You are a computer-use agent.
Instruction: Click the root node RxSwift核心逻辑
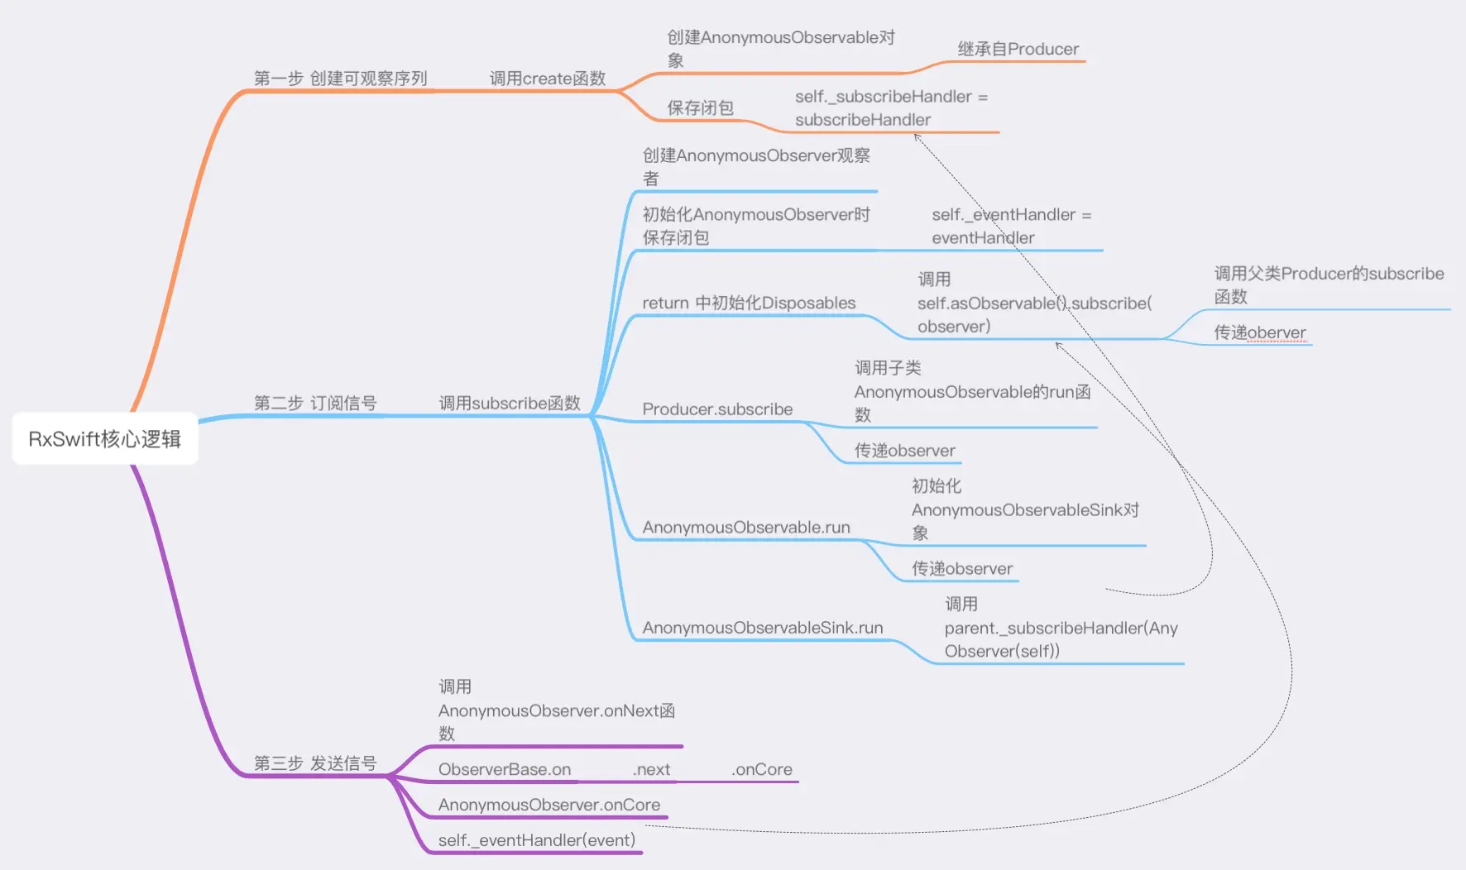pos(105,438)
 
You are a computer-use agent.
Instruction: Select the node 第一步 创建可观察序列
pos(340,79)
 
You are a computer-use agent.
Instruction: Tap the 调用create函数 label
pos(547,79)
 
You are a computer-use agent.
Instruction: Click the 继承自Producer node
pos(1018,50)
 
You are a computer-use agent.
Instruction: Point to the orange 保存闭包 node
pos(700,108)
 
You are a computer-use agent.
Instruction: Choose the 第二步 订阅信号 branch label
pos(314,404)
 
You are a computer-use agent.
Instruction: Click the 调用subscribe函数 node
pos(509,404)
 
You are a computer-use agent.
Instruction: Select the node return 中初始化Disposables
pos(749,304)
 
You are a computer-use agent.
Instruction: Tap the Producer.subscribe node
pos(717,409)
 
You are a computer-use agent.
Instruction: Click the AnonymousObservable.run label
pos(745,528)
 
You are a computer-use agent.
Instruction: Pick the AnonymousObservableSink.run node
pos(762,628)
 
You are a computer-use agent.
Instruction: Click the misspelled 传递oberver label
pos(1259,332)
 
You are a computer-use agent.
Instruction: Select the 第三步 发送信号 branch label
pos(314,763)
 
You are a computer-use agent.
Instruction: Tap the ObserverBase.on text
pos(504,770)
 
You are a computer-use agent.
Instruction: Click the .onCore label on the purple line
pos(761,770)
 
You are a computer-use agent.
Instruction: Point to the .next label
pos(651,770)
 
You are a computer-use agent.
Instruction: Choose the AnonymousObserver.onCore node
pos(549,805)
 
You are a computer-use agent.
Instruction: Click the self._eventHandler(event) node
pos(536,841)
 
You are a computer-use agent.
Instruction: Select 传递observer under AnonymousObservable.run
pos(961,569)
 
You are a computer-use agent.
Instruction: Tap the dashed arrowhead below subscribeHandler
pos(917,136)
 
